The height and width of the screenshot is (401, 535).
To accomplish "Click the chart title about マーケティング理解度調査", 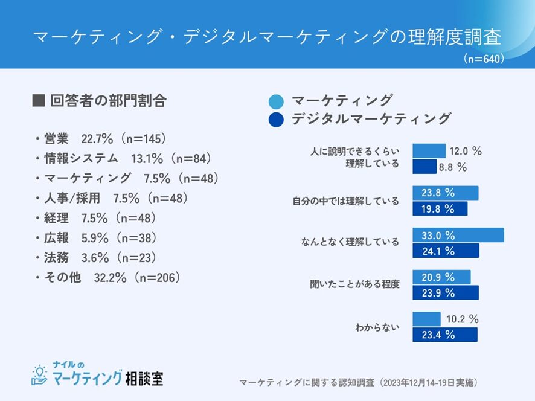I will point(267,37).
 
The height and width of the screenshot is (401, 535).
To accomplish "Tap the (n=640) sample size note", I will point(484,59).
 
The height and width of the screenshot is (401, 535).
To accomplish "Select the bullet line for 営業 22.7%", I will point(100,139).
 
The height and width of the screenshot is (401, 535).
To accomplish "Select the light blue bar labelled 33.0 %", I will point(458,236).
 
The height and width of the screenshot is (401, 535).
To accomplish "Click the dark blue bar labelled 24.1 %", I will point(446,251).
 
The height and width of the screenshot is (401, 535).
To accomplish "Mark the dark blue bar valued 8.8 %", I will point(424,167).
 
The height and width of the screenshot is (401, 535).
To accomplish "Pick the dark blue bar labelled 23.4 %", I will point(445,335).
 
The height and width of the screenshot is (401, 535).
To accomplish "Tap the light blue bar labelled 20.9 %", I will point(441,277).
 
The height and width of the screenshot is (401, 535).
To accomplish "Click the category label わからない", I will point(377,328).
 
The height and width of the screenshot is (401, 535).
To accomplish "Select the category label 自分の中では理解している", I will point(345,201).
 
